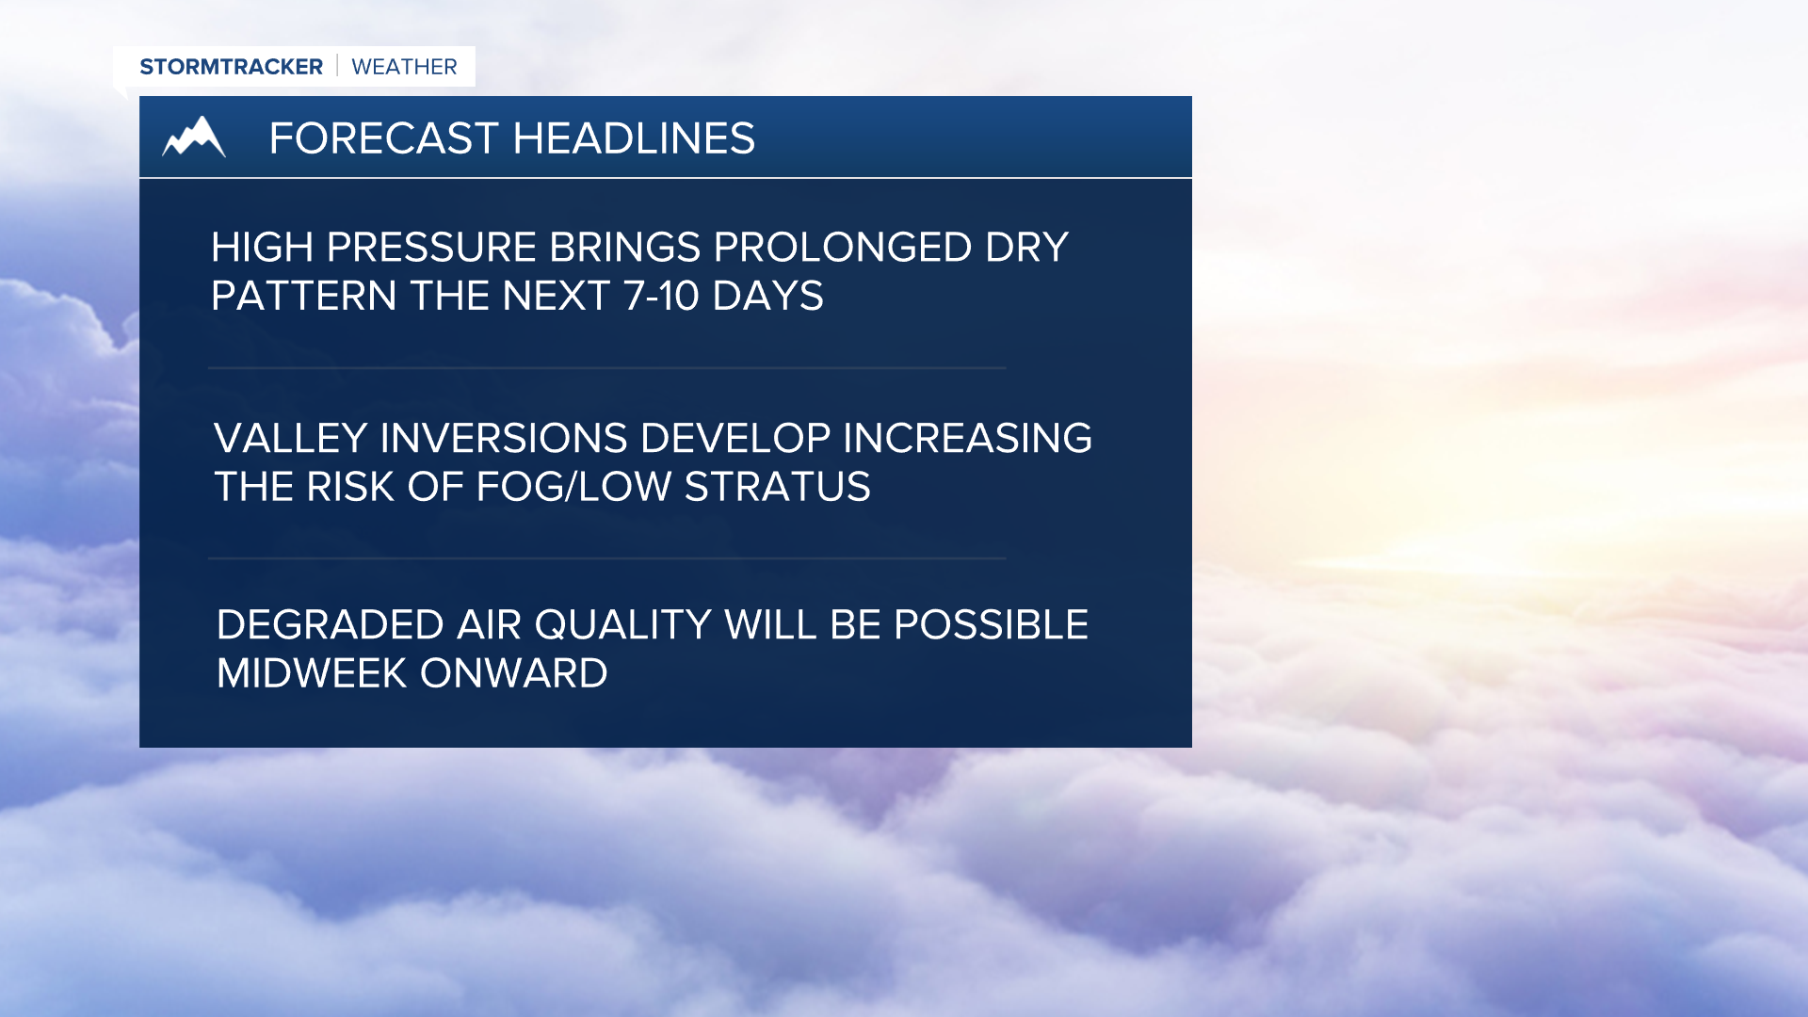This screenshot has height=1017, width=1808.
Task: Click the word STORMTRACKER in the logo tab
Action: pyautogui.click(x=231, y=67)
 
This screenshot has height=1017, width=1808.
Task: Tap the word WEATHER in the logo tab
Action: pyautogui.click(x=404, y=67)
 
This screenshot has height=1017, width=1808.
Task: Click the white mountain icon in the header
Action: pyautogui.click(x=194, y=137)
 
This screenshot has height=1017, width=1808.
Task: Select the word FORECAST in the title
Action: pyautogui.click(x=383, y=138)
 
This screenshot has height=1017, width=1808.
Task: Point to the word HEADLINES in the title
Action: pyautogui.click(x=634, y=138)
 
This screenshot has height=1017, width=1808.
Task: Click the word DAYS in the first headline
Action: pyautogui.click(x=767, y=297)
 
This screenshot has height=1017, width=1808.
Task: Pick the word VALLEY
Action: pyautogui.click(x=290, y=439)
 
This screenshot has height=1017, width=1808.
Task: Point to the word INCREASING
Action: pyautogui.click(x=967, y=439)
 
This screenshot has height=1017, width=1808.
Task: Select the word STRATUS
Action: pyautogui.click(x=777, y=487)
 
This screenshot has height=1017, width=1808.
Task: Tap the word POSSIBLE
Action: pyautogui.click(x=991, y=625)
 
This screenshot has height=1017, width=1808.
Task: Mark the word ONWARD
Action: pyautogui.click(x=513, y=673)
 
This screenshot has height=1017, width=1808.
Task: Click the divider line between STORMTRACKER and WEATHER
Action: pyautogui.click(x=337, y=66)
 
